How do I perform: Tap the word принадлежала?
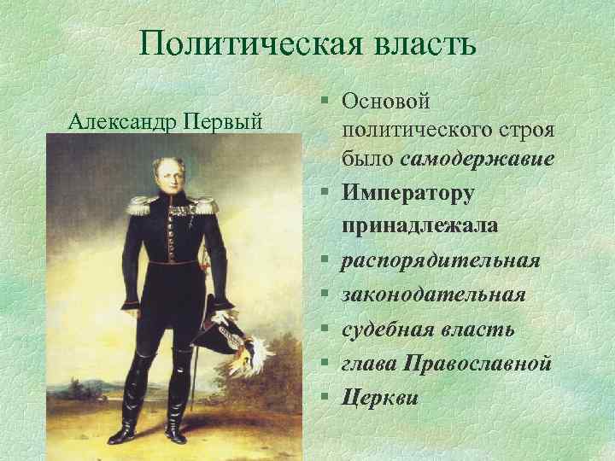coord(421,226)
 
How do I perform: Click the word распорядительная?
coord(441,260)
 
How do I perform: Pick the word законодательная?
coord(433,294)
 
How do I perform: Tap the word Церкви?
coord(380,397)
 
